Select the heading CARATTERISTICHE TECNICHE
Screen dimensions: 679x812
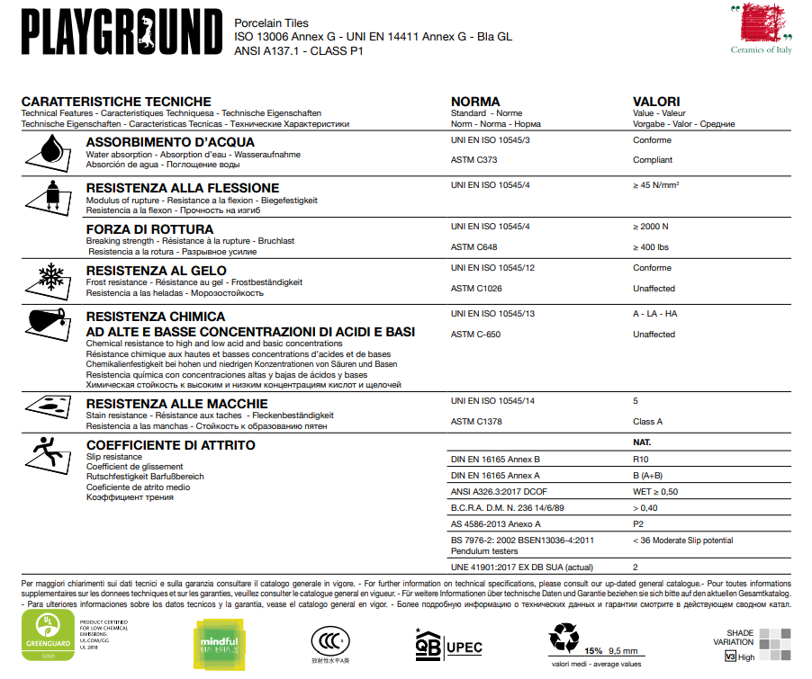[x=116, y=102]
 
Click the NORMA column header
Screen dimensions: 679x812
[x=475, y=102]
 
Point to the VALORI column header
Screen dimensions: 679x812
[x=656, y=102]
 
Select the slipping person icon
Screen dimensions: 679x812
[x=46, y=453]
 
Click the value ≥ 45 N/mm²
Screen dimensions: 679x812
[x=655, y=185]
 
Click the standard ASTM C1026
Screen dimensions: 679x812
[x=476, y=289]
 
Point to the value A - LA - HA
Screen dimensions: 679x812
[x=654, y=314]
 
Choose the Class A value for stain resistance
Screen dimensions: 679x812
[x=647, y=421]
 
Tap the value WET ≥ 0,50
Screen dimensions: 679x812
[x=655, y=492]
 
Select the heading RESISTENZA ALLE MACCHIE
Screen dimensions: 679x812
[x=176, y=404]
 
